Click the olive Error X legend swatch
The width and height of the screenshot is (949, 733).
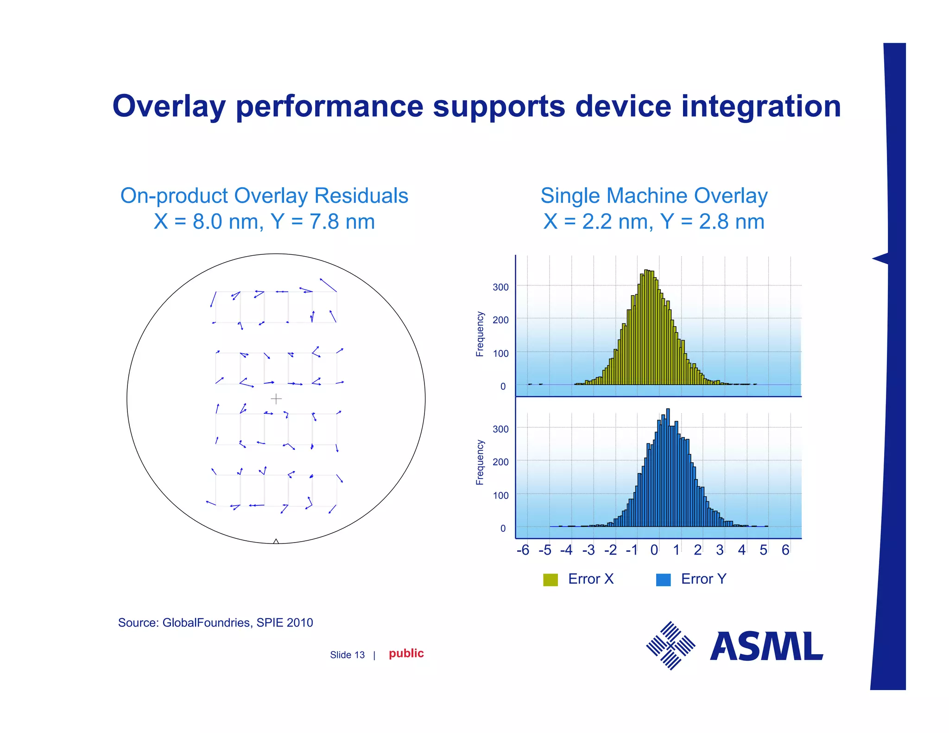point(550,580)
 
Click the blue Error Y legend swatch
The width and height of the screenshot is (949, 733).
point(663,580)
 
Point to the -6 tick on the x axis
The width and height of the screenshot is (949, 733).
point(523,550)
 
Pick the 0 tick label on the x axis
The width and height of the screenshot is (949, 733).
point(654,550)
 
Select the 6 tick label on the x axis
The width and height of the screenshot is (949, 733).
point(785,550)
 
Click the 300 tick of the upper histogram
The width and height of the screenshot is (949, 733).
point(500,287)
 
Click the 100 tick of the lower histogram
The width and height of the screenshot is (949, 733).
point(500,495)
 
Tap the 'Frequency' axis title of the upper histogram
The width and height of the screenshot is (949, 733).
point(480,334)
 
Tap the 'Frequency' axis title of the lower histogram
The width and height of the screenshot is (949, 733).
point(480,462)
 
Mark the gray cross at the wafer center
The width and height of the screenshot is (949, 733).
point(276,398)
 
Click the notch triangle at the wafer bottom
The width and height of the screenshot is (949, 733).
point(276,541)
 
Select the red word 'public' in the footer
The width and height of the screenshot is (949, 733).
point(406,653)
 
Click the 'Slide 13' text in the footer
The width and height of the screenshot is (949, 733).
point(347,655)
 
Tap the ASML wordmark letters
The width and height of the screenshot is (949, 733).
point(766,646)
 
